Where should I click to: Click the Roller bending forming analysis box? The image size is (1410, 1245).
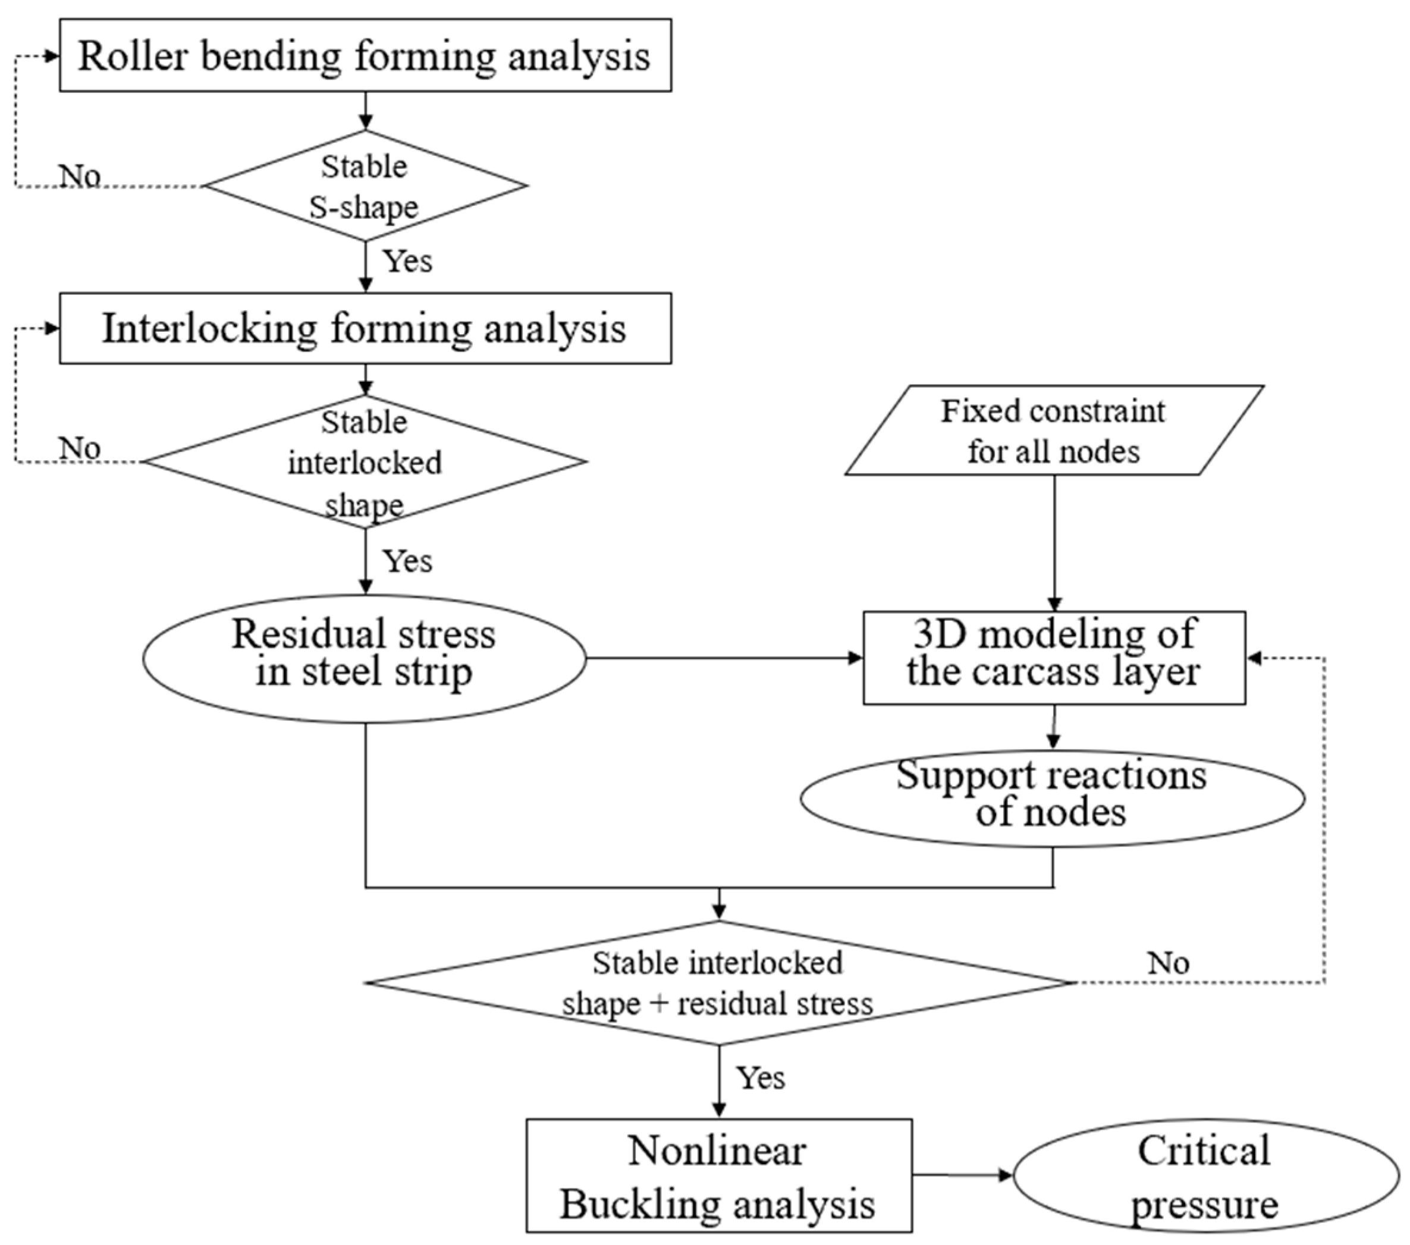[365, 55]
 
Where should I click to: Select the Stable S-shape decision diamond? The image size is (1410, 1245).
[365, 186]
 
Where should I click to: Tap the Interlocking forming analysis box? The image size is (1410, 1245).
[365, 328]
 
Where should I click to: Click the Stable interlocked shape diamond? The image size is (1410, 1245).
[365, 462]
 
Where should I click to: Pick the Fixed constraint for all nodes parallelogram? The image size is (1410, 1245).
[1053, 430]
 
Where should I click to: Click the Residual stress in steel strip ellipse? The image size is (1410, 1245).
[364, 658]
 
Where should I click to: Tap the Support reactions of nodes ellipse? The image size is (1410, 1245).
[1052, 798]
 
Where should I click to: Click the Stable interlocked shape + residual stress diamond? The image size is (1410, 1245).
[718, 982]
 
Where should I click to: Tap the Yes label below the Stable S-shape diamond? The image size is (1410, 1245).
[408, 262]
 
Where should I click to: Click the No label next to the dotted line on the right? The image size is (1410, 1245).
[1168, 963]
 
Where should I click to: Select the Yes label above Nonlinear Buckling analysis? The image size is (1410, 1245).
[760, 1078]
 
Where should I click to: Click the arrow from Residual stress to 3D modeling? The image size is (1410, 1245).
[724, 658]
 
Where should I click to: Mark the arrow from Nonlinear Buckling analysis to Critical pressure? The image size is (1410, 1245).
[962, 1175]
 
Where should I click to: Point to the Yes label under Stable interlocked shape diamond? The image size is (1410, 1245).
[408, 561]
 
